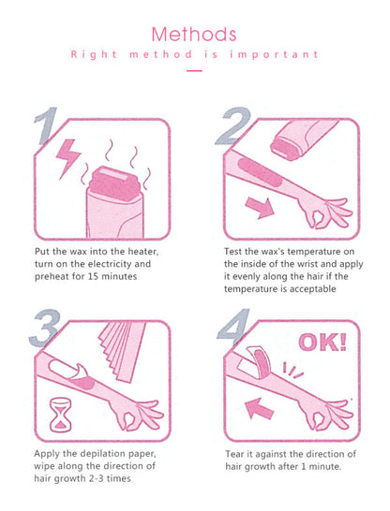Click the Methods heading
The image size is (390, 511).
coord(194,35)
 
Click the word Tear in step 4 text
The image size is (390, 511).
coord(236,453)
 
